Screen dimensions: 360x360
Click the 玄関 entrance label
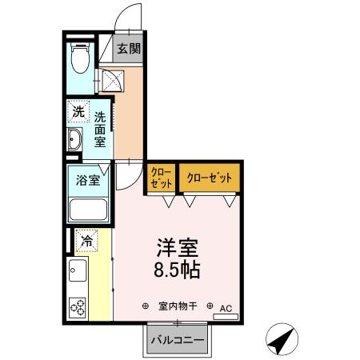pyautogui.click(x=129, y=50)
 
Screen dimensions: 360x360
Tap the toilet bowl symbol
pyautogui.click(x=79, y=60)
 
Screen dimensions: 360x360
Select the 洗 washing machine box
pyautogui.click(x=78, y=113)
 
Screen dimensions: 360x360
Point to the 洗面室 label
pyautogui.click(x=100, y=128)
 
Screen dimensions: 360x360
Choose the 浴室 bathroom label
pyautogui.click(x=88, y=179)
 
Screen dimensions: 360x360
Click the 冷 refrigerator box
pyautogui.click(x=85, y=238)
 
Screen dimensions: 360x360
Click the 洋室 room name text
pyautogui.click(x=177, y=247)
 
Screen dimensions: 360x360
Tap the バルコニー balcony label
pyautogui.click(x=177, y=341)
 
